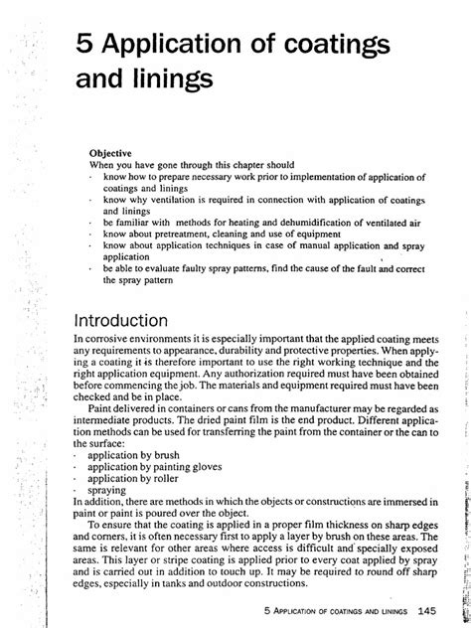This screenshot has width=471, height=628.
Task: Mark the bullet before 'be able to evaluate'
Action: pyautogui.click(x=91, y=269)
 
